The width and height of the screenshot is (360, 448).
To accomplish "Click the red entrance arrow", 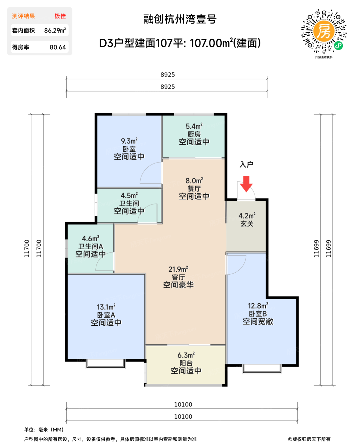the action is click(246, 184).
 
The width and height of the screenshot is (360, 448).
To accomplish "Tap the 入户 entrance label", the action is click(246, 164).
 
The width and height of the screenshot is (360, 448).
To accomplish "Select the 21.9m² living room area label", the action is click(178, 269).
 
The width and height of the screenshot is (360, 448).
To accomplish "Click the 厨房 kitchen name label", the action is click(194, 134).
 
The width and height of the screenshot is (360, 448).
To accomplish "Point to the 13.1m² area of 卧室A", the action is click(106, 307).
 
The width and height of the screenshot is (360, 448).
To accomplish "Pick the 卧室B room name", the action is click(258, 314).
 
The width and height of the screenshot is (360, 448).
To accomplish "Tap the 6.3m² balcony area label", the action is click(186, 355).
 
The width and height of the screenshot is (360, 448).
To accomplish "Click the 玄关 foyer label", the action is click(247, 224).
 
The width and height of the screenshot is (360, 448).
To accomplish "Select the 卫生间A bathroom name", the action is click(91, 246).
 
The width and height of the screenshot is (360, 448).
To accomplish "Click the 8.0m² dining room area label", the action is click(194, 180).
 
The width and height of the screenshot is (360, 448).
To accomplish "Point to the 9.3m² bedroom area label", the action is click(129, 141).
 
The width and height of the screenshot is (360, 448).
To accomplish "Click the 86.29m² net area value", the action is click(55, 30).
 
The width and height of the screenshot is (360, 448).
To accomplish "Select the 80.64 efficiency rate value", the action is click(58, 47).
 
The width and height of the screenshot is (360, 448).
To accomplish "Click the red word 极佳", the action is click(60, 16).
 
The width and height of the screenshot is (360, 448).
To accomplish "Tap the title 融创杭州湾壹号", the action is click(180, 19).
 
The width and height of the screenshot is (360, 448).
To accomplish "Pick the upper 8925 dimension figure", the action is click(168, 75).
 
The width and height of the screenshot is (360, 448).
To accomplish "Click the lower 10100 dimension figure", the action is click(183, 416).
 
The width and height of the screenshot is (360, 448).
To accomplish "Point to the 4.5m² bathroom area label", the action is click(129, 195).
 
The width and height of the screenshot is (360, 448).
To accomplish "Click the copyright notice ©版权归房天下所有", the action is click(309, 439).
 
